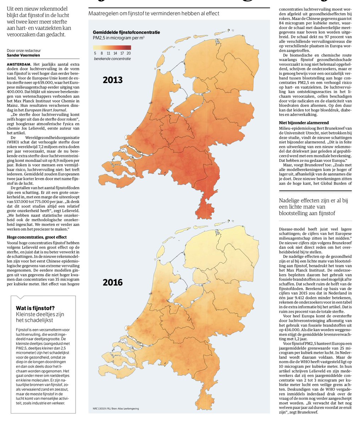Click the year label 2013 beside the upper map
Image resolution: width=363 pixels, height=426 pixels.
112,80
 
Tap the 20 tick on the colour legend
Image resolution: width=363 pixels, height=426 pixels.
128,53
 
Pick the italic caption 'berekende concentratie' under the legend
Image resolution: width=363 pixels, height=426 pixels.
112,58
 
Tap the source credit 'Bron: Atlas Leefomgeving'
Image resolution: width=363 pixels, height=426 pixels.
126,409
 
